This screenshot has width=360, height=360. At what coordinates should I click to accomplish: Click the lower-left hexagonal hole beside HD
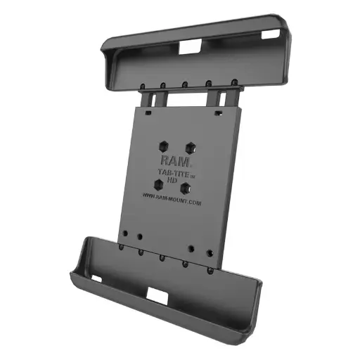pos(160,184)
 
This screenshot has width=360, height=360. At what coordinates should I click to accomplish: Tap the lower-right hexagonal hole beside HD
pos(186,188)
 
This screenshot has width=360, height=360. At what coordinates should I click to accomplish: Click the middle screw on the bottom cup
pos(162,257)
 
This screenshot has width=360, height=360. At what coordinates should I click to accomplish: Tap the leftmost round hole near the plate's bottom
pos(124,233)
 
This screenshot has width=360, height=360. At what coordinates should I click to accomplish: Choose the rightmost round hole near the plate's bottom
pos(209,252)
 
